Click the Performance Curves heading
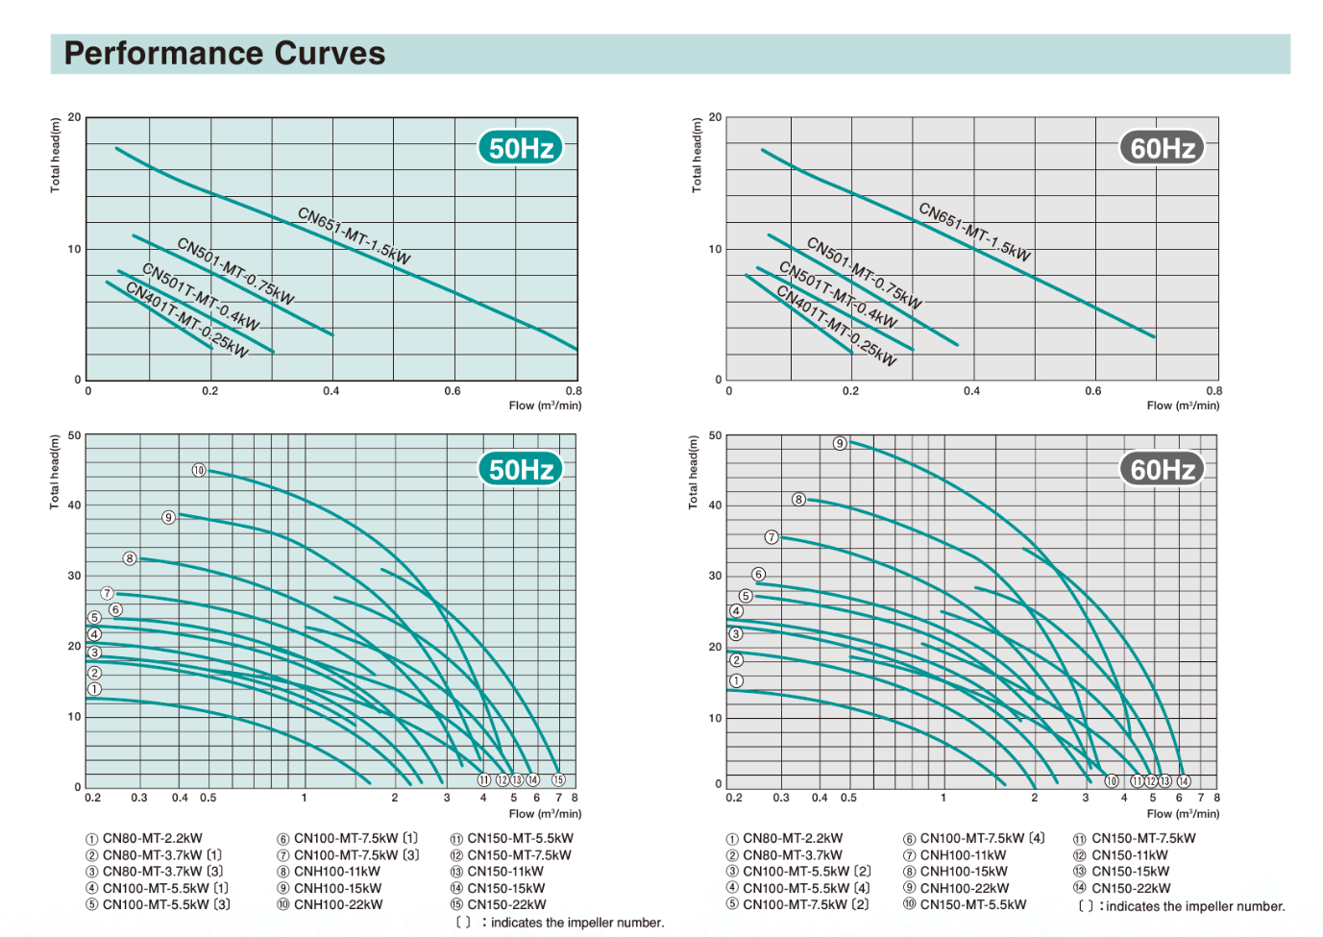[x=224, y=53]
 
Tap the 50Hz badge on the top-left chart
[x=521, y=148]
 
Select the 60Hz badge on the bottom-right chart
[x=1162, y=469]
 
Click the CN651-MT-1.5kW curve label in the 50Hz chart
[x=354, y=235]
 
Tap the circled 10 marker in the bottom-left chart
[x=199, y=470]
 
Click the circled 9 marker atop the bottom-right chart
[x=840, y=443]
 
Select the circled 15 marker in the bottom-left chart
[x=558, y=780]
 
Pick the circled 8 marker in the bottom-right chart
[x=798, y=499]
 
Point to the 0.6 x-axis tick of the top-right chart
[x=1093, y=391]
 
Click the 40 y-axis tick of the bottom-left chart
[x=74, y=505]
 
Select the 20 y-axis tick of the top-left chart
[x=74, y=117]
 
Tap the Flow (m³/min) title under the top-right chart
[x=1183, y=406]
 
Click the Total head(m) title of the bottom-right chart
[x=694, y=472]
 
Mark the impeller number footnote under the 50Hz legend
[x=559, y=923]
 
